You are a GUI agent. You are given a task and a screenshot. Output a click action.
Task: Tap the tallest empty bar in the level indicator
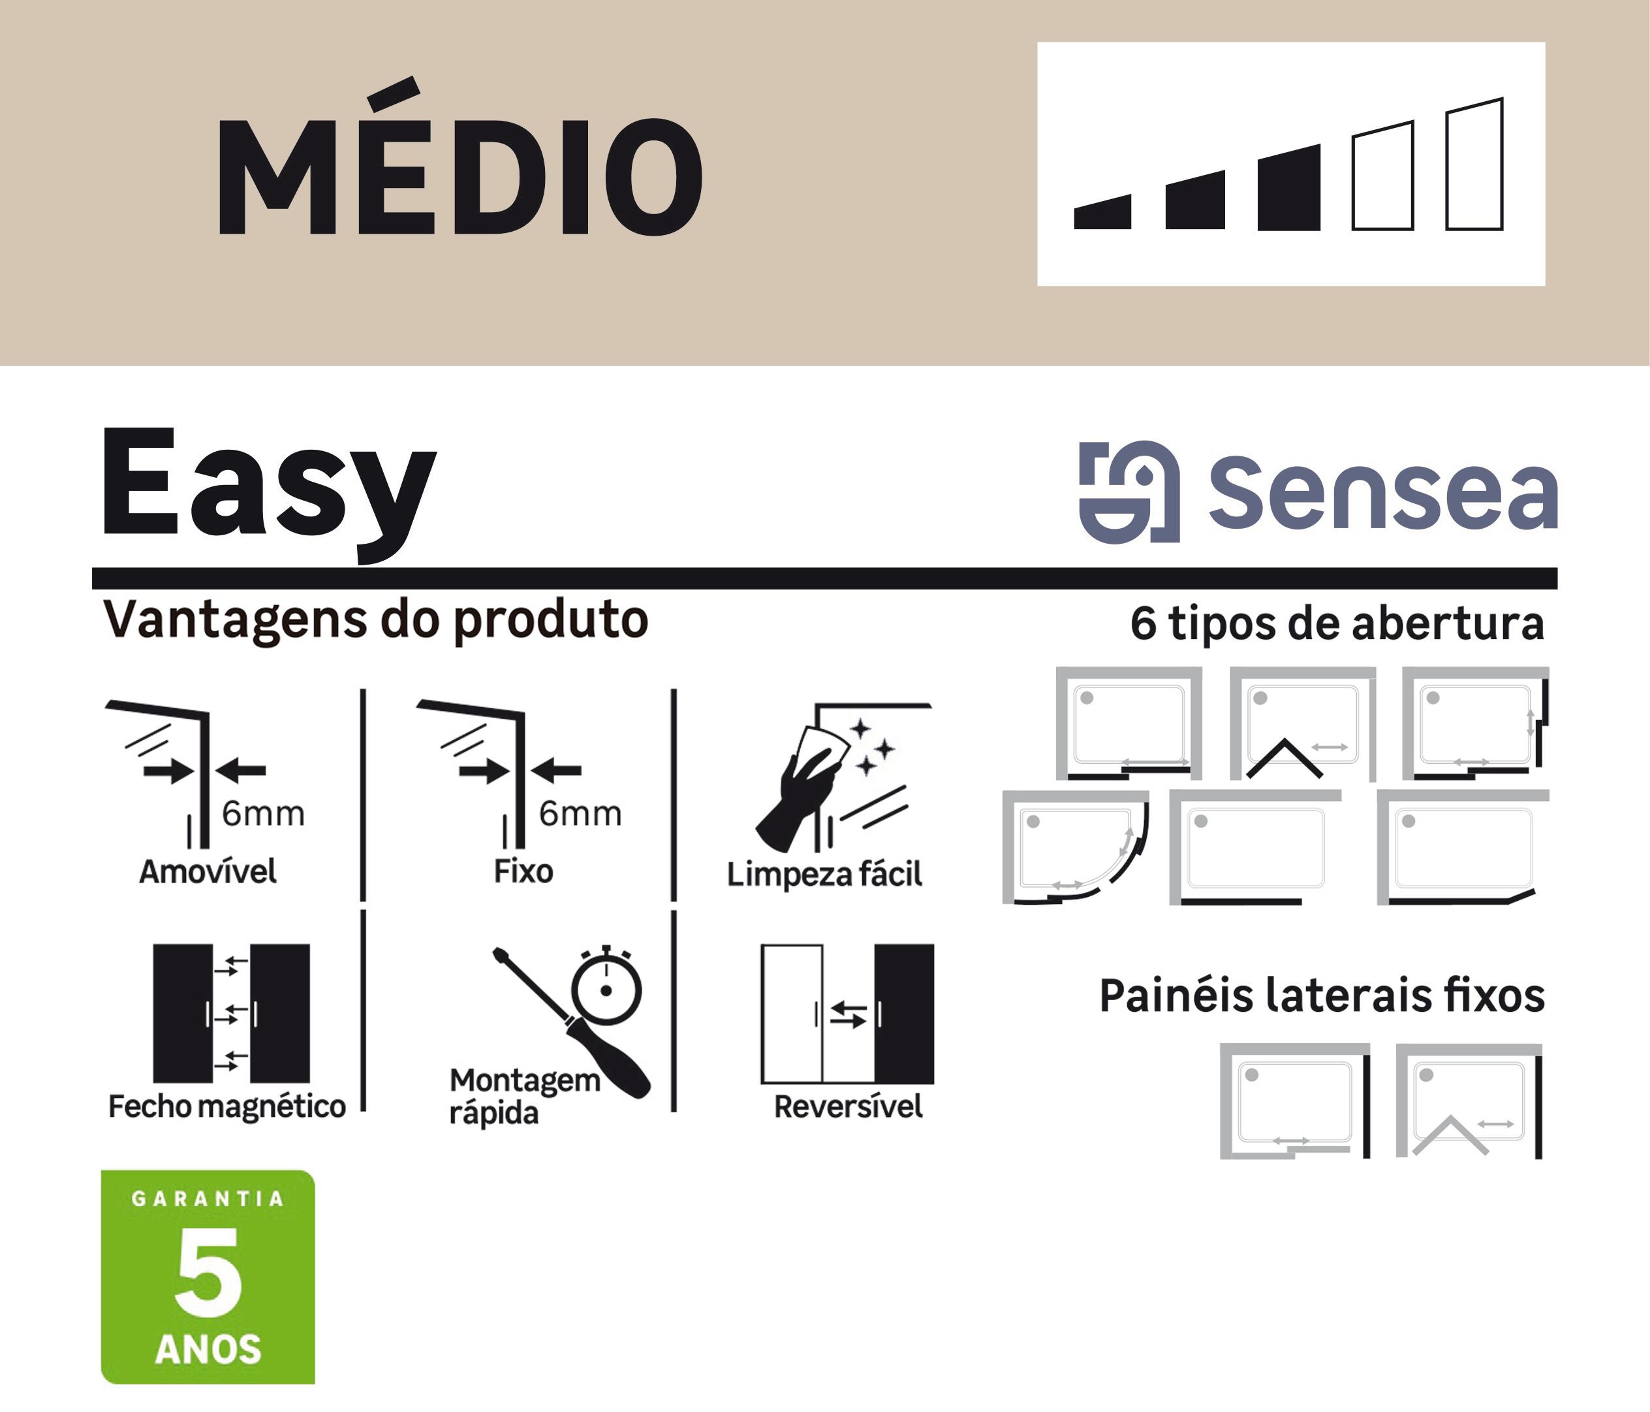pyautogui.click(x=1474, y=165)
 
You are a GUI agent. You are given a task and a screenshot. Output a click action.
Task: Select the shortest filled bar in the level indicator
pyautogui.click(x=1102, y=213)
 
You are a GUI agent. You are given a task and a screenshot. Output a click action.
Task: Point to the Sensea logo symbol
pyautogui.click(x=1129, y=492)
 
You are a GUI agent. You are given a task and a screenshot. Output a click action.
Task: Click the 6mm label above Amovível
pyautogui.click(x=263, y=814)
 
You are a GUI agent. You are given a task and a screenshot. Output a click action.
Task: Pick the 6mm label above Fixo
pyautogui.click(x=580, y=814)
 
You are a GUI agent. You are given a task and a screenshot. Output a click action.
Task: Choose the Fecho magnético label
pyautogui.click(x=227, y=1106)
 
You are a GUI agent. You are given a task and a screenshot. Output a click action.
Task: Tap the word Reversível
pyautogui.click(x=848, y=1106)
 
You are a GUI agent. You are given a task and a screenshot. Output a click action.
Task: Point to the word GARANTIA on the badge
pyautogui.click(x=207, y=1199)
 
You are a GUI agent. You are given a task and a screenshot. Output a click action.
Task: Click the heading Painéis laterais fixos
pyautogui.click(x=1322, y=996)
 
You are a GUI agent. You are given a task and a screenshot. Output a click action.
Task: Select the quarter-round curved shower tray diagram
pyautogui.click(x=1075, y=848)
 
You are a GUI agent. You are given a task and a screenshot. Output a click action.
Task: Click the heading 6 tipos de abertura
pyautogui.click(x=1337, y=623)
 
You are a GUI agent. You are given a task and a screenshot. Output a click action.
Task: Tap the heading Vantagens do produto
pyautogui.click(x=376, y=620)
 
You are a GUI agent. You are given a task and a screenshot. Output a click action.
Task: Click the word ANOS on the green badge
pyautogui.click(x=208, y=1349)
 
